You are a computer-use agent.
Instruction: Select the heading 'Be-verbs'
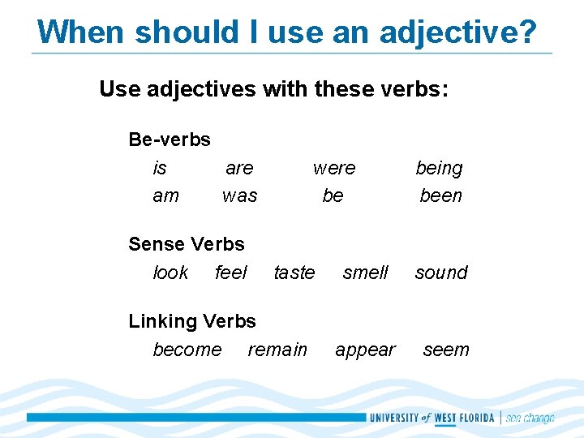[x=170, y=140]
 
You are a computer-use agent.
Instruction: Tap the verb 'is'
[x=160, y=168]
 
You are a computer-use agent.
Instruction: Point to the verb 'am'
[x=166, y=195]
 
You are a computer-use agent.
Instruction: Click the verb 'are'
[x=239, y=168]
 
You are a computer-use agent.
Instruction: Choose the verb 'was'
[x=239, y=195]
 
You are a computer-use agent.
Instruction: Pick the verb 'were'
[x=334, y=168]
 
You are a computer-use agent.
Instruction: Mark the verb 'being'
[x=439, y=169]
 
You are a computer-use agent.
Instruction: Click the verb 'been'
[x=440, y=195]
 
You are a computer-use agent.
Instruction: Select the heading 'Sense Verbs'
[x=187, y=244]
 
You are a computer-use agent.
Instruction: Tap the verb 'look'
[x=170, y=273]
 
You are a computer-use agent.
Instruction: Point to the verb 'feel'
[x=231, y=273]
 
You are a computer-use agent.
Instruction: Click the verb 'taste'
[x=294, y=273]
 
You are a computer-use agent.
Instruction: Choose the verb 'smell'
[x=366, y=273]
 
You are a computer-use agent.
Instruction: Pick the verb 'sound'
[x=441, y=273]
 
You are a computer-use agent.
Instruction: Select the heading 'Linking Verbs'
[x=192, y=321]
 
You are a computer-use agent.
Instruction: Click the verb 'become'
[x=187, y=350]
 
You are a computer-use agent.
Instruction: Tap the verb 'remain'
[x=277, y=350]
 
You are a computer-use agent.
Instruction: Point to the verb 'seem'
[x=446, y=350]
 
